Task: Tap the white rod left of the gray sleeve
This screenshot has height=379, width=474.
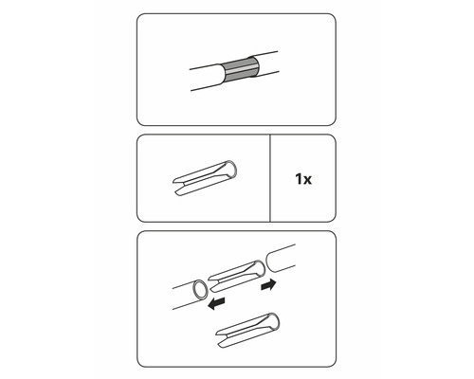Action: coord(204,78)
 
